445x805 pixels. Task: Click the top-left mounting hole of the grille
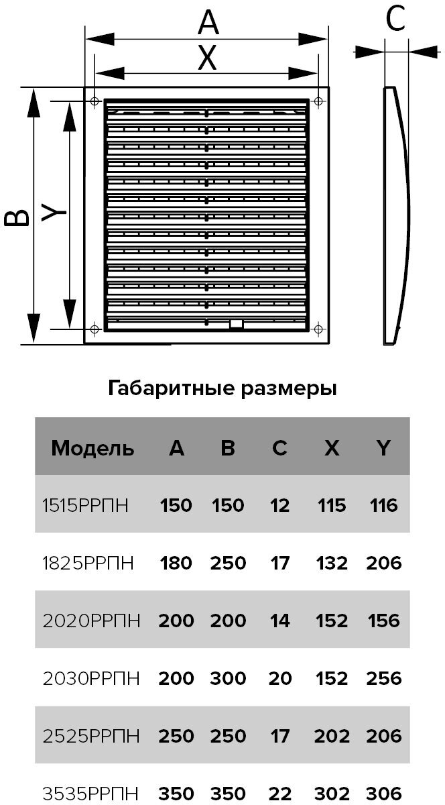pyautogui.click(x=94, y=101)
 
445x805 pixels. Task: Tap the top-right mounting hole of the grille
pyautogui.click(x=318, y=101)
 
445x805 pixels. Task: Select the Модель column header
pyautogui.click(x=92, y=448)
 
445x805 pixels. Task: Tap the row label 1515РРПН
pyautogui.click(x=88, y=504)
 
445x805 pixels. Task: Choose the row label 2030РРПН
pyautogui.click(x=91, y=678)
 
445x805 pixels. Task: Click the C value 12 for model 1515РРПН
pyautogui.click(x=279, y=504)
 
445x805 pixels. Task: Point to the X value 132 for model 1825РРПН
pyautogui.click(x=332, y=563)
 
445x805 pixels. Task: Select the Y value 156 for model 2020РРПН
pyautogui.click(x=384, y=621)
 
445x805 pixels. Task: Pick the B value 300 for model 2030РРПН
pyautogui.click(x=228, y=678)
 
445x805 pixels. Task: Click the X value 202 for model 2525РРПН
pyautogui.click(x=332, y=736)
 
